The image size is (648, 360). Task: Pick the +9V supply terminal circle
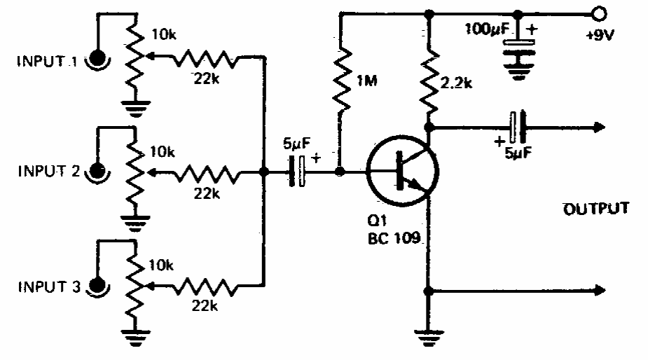598,13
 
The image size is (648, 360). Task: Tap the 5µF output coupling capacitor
518,127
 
